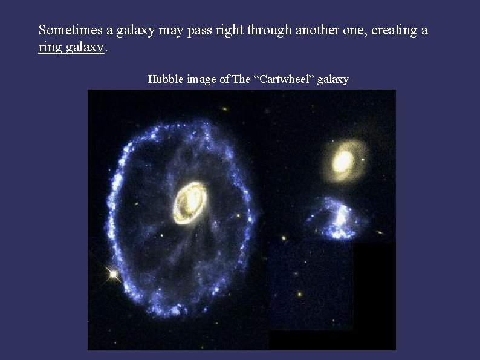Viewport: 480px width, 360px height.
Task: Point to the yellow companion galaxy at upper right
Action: point(343,161)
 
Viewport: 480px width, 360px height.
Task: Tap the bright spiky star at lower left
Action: point(113,274)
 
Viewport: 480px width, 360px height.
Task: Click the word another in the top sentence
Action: point(317,30)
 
